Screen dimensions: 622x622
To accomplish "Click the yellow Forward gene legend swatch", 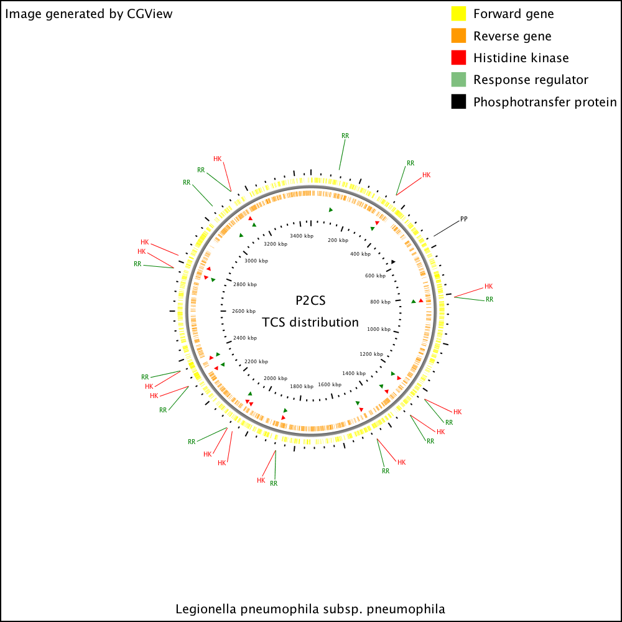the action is [458, 14].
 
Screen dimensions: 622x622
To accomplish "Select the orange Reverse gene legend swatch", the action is [458, 35].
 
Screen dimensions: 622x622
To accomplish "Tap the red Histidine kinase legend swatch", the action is [458, 57].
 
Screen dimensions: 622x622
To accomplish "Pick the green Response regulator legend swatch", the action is [458, 80].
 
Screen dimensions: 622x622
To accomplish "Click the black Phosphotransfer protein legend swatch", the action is [458, 101].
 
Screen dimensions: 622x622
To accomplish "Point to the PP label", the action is [464, 219].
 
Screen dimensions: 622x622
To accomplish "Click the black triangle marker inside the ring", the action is [393, 262].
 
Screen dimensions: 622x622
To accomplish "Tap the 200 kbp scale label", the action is [338, 240].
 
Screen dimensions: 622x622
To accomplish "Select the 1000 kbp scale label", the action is [379, 329].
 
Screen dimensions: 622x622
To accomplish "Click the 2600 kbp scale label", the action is [244, 311].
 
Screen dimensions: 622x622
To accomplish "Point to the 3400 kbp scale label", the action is [302, 236].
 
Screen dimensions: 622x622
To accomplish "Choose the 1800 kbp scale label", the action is [302, 386].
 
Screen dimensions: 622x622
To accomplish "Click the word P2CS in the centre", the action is [310, 300].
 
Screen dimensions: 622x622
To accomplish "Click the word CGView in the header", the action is [149, 14].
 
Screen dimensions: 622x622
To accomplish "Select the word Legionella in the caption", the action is [206, 610].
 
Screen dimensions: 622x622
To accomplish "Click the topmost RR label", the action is [345, 136].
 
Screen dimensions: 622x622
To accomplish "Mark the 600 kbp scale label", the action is [375, 276].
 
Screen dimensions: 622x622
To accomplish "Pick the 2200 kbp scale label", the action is [256, 361].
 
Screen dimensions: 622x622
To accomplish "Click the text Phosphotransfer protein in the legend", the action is [545, 102].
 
